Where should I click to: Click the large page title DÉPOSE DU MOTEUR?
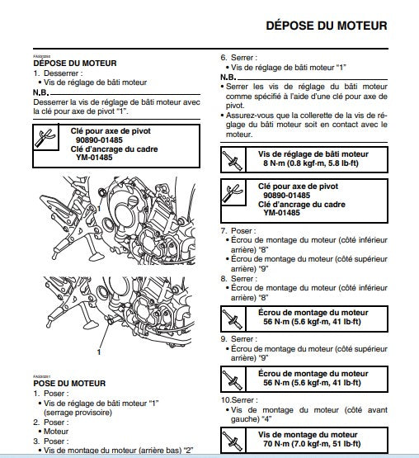tap(327, 26)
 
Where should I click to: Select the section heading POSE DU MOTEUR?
tap(69, 383)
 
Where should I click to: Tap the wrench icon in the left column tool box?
tap(45, 138)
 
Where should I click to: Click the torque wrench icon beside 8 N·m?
tap(233, 159)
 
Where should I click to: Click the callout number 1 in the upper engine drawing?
tap(99, 209)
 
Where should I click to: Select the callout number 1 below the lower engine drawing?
tap(99, 352)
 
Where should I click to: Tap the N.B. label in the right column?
tap(228, 77)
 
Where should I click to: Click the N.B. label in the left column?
tap(40, 92)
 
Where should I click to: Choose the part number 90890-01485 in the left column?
tap(99, 140)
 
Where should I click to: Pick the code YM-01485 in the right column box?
tap(282, 212)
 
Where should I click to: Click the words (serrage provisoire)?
tap(78, 413)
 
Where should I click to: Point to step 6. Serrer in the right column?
tap(239, 58)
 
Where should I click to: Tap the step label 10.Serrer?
tap(239, 400)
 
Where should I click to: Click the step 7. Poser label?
tap(238, 231)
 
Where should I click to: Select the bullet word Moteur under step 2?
tap(56, 431)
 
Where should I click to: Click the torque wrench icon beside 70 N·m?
tap(233, 441)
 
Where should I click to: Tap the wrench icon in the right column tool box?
tap(233, 192)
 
